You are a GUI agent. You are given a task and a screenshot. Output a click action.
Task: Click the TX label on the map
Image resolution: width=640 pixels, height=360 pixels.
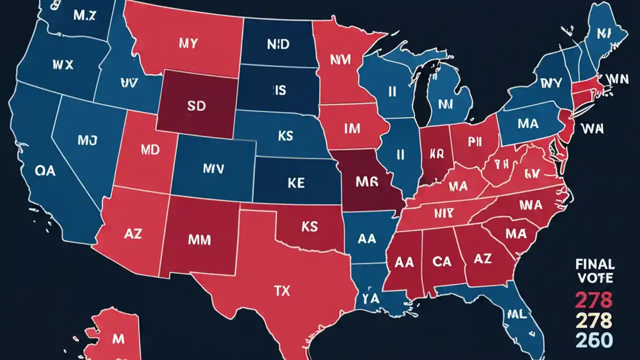click(x=282, y=291)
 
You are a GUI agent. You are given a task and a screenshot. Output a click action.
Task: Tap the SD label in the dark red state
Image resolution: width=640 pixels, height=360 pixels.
click(x=195, y=107)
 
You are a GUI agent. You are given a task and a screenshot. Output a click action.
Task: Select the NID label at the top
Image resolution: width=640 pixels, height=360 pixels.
click(x=277, y=44)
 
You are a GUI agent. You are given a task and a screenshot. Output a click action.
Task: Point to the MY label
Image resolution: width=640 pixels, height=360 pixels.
click(x=188, y=43)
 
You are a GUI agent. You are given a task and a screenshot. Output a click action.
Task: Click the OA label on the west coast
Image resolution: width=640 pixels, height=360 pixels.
click(x=45, y=171)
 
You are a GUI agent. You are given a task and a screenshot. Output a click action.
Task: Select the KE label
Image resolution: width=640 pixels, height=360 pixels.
click(x=296, y=183)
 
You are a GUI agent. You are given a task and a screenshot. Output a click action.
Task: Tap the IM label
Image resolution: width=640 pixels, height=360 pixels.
click(x=352, y=129)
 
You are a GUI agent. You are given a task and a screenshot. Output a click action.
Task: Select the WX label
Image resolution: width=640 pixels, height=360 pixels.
click(x=62, y=64)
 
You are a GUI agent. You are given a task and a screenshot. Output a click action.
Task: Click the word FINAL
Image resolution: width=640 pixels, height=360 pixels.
click(x=595, y=264)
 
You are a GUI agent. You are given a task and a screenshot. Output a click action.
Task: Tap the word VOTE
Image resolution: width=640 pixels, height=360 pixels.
click(x=595, y=278)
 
